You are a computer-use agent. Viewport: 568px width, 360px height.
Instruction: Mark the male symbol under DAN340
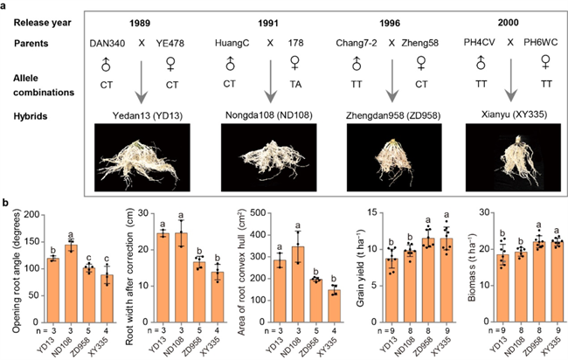tap(100, 63)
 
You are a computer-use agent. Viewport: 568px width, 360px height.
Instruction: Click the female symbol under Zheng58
tap(412, 63)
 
